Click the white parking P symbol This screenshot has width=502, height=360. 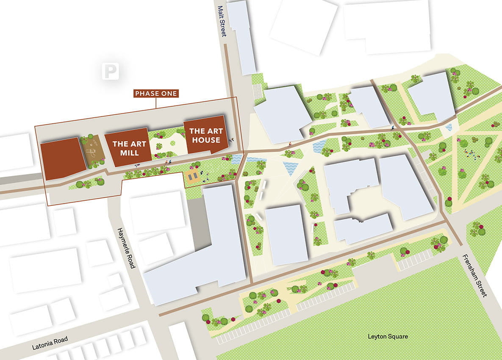pos(110,71)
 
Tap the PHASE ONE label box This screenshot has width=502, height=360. pos(156,93)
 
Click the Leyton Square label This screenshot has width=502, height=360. pos(388,336)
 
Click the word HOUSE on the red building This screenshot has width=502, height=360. pos(205,140)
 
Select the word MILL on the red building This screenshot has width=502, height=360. pos(129,152)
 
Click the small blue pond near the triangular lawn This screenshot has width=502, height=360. pos(449,127)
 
